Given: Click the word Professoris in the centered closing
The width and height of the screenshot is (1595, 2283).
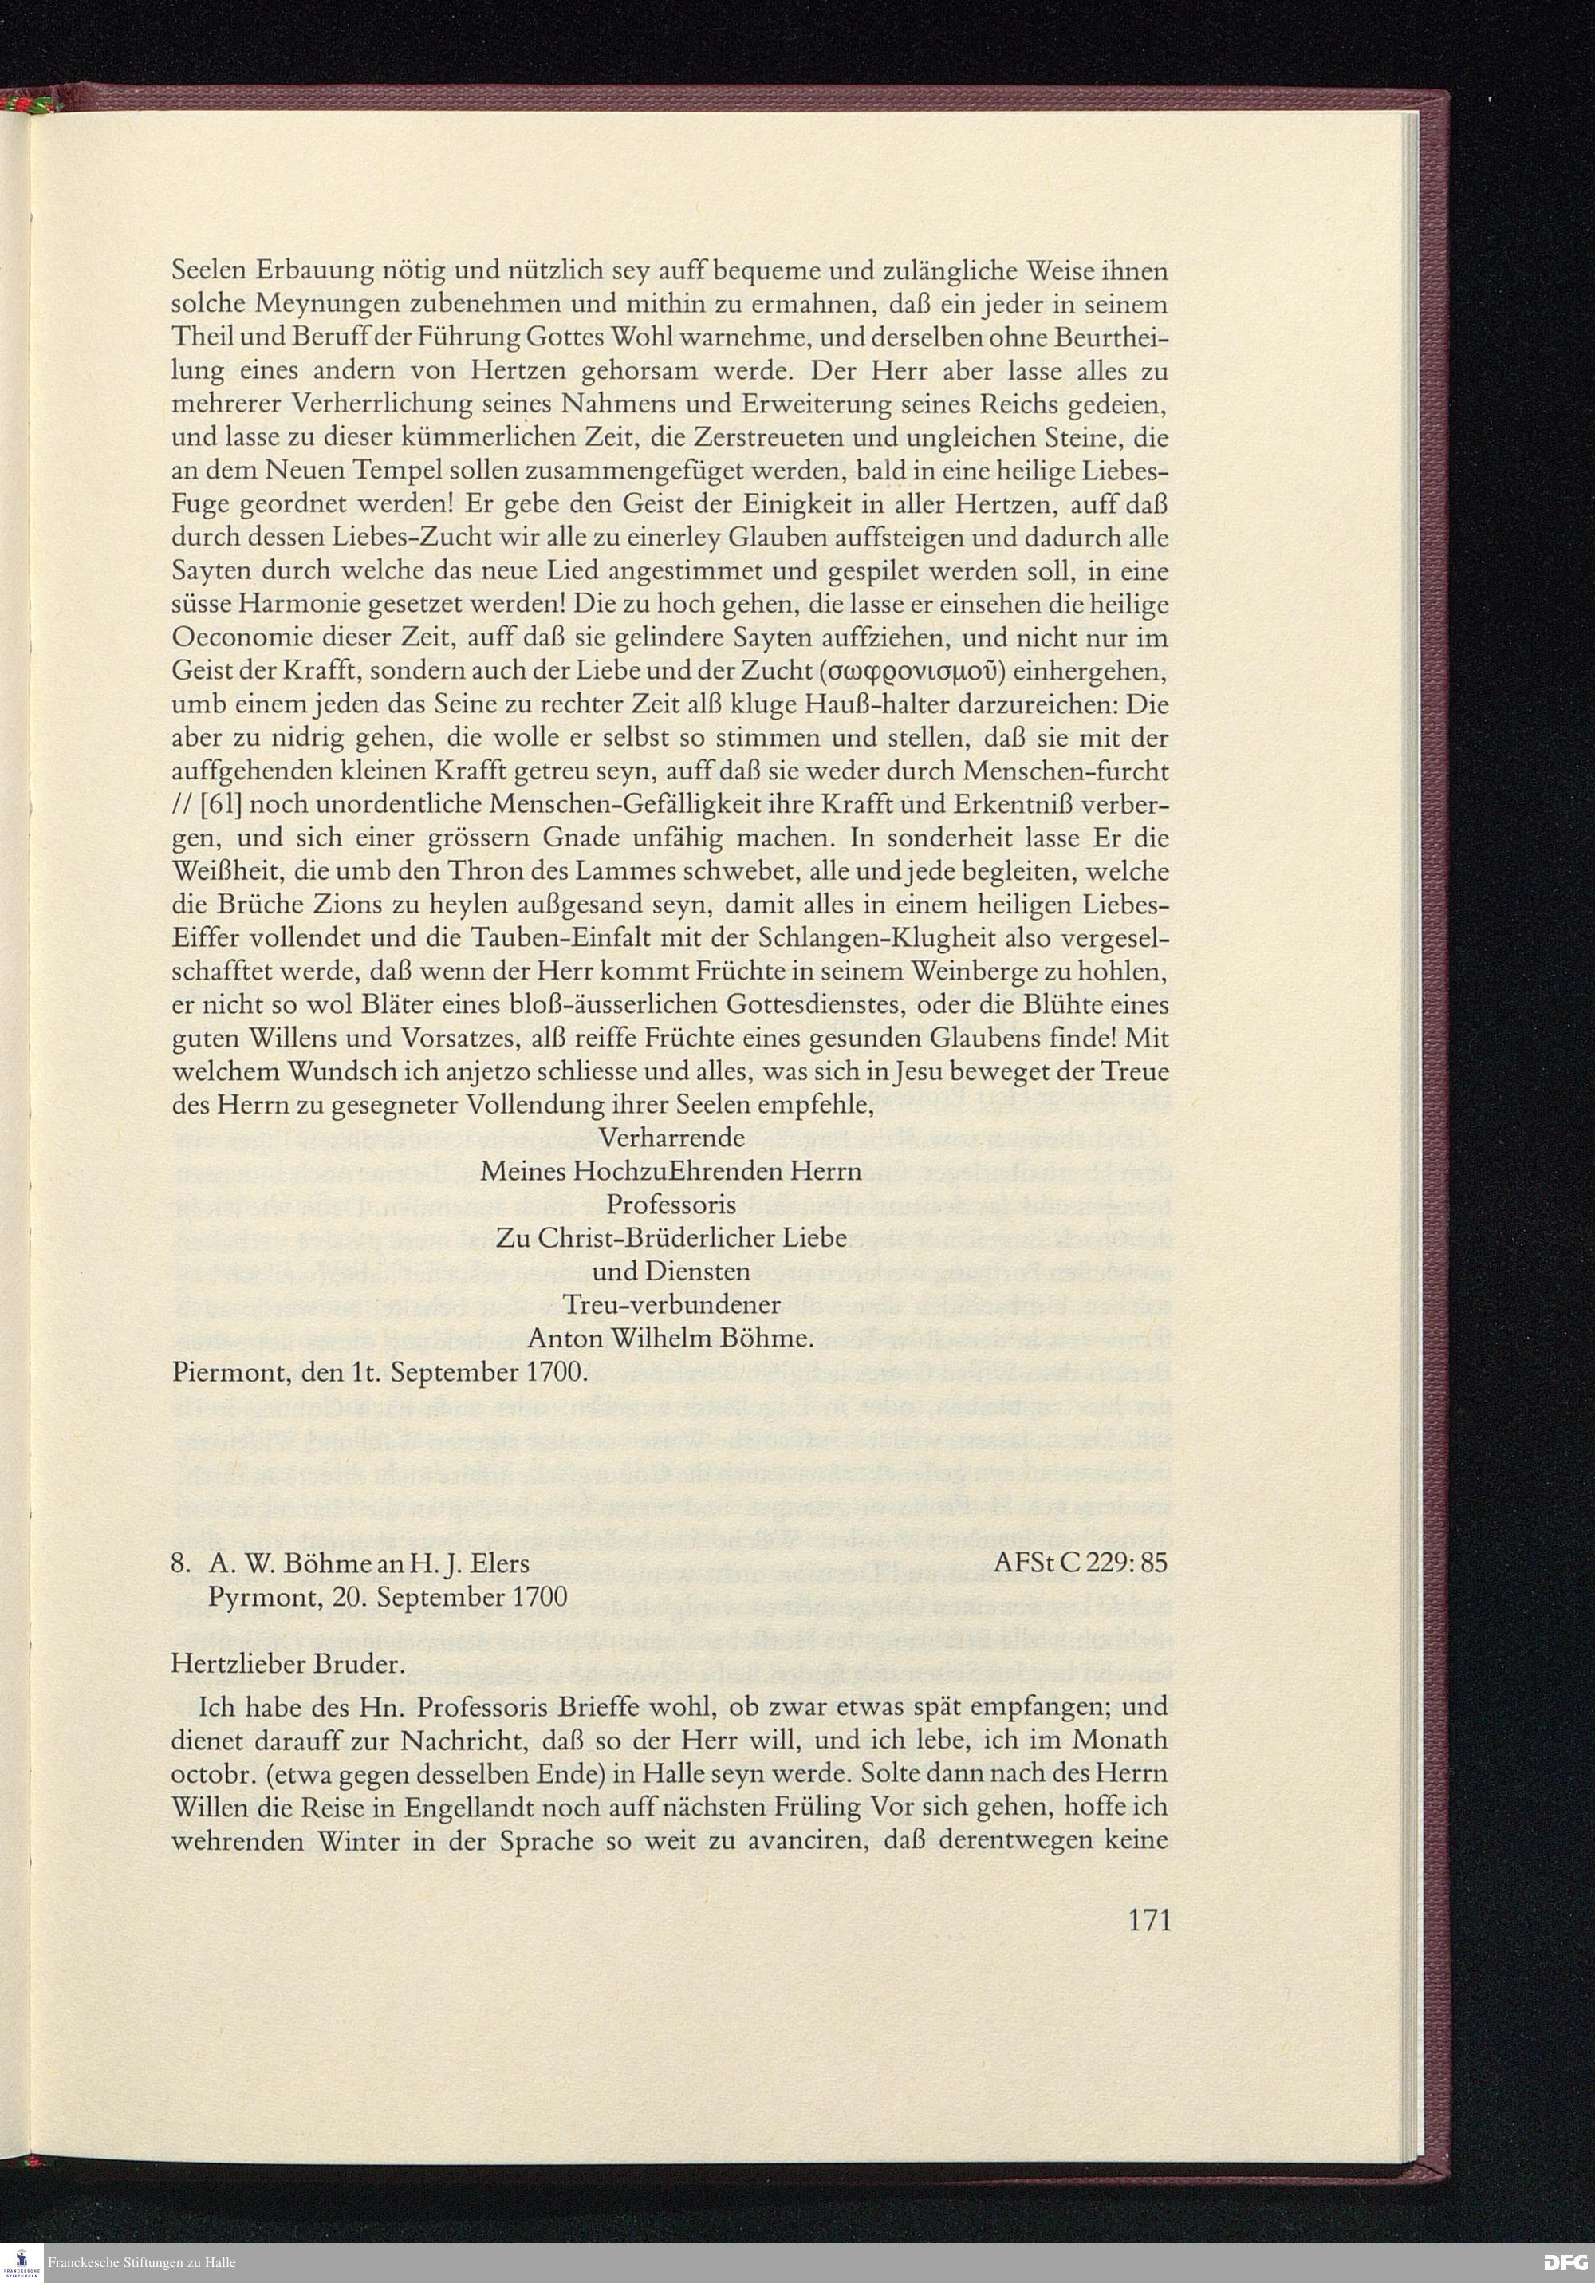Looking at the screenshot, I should click(671, 1205).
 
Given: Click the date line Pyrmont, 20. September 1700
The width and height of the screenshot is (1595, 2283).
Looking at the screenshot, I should click(387, 1597).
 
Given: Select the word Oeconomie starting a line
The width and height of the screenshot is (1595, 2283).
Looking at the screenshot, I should click(234, 637).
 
